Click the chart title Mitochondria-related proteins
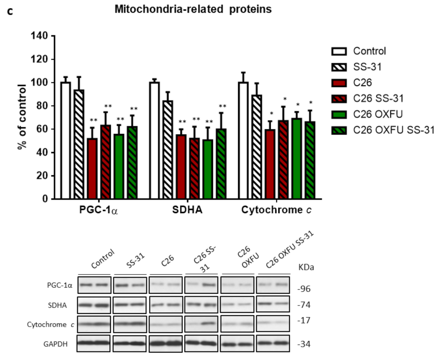[193, 10]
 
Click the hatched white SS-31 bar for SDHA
[168, 150]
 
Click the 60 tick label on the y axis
[42, 129]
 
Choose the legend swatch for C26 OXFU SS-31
[339, 130]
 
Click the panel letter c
[10, 12]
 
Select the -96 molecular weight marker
[303, 289]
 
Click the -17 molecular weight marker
[303, 320]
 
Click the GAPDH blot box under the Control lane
[94, 344]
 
